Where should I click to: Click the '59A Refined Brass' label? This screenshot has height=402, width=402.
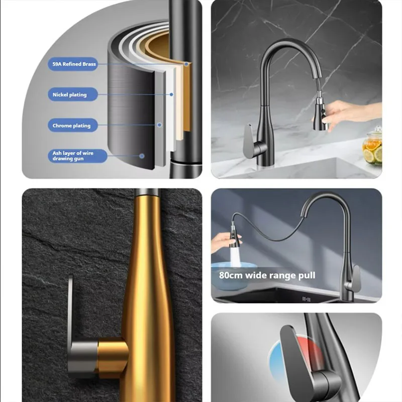[73, 64]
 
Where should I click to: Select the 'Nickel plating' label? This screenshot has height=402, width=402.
[73, 94]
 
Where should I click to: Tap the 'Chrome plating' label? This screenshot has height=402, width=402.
[73, 125]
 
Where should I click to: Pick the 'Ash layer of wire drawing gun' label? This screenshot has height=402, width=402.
[77, 156]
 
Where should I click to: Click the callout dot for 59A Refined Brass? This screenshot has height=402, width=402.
[186, 64]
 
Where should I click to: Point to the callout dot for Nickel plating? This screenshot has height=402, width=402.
[171, 94]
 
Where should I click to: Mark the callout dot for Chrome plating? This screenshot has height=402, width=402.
[159, 125]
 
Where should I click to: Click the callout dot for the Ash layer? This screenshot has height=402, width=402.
[142, 156]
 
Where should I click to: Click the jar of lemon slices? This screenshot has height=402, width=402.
[372, 147]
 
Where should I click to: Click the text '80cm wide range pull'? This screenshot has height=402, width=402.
[267, 275]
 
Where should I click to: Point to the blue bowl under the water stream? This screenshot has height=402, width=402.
[231, 275]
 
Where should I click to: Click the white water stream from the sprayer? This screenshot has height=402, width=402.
[235, 256]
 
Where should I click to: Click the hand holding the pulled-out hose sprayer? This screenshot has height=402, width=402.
[224, 242]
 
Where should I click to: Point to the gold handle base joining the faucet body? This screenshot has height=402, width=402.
[112, 358]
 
